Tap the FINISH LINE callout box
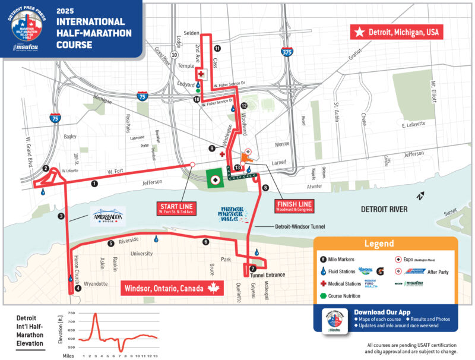293,206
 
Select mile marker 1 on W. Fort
94,184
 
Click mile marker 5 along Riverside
110,243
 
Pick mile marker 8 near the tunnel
265,188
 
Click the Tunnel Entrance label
269,275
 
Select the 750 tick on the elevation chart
72,312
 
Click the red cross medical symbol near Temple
201,74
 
